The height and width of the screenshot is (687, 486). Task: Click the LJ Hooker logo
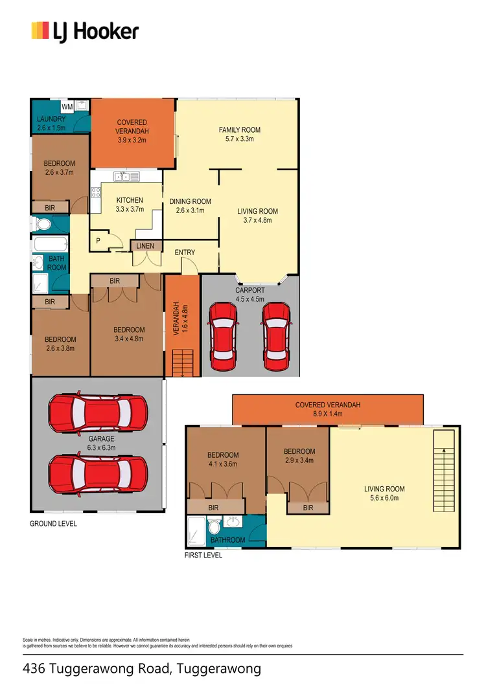coord(85,30)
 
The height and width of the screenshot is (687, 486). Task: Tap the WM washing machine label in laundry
coord(67,107)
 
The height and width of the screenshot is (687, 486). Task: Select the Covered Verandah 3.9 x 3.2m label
coord(132,131)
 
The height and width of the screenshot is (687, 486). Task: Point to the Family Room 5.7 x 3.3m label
coord(239,134)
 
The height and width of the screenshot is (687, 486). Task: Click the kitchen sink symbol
coord(126,176)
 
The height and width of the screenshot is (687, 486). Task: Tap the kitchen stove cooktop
coord(96,192)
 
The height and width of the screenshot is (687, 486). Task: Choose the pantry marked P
coord(98,240)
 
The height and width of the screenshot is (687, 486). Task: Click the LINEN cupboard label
coord(145,246)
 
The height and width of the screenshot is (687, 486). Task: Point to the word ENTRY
coord(185,252)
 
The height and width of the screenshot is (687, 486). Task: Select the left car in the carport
coord(222,332)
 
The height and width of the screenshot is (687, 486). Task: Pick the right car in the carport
coord(275,332)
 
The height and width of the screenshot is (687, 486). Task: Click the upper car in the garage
coord(97,414)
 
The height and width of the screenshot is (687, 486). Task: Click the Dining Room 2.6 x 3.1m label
coord(191,206)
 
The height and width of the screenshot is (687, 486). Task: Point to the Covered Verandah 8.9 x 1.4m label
coord(327,409)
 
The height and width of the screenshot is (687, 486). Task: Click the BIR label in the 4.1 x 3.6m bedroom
coord(214,509)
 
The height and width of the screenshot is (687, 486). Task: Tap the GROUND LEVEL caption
coord(53,523)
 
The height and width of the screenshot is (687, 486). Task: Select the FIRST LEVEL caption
coord(203,555)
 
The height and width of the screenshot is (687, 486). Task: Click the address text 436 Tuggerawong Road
coord(141,668)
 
